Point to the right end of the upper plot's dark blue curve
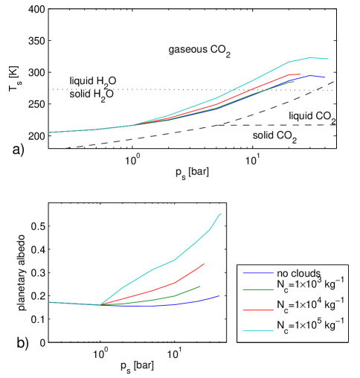(325, 77)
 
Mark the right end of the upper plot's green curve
(294, 81)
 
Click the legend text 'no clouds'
(298, 272)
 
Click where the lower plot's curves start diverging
(100, 305)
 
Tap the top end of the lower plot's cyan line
(221, 214)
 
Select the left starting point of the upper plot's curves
(49, 132)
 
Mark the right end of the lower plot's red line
(204, 263)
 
